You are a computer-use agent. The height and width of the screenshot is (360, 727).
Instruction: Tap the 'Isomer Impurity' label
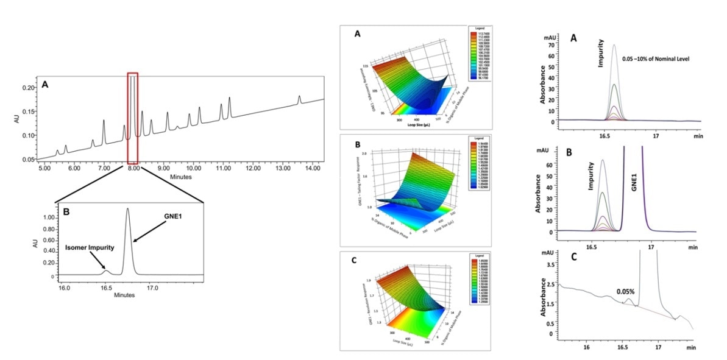point(81,248)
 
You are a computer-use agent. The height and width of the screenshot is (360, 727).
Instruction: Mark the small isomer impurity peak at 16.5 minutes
point(105,271)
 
